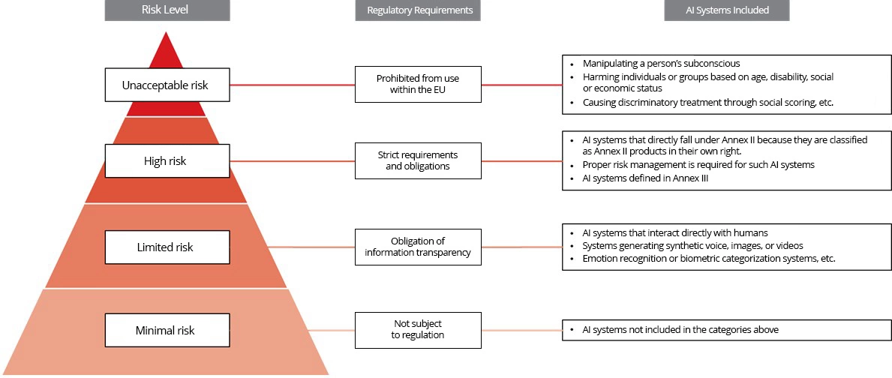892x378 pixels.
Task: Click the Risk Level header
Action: point(167,10)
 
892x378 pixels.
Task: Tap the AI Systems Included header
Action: point(726,10)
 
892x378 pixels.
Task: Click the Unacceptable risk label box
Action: point(167,85)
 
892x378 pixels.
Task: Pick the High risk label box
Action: point(167,160)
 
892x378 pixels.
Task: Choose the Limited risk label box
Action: point(167,247)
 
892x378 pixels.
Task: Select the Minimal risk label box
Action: point(167,330)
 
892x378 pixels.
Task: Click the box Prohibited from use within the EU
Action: point(417,84)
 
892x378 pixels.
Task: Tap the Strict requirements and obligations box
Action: point(417,160)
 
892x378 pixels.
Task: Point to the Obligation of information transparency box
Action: point(417,247)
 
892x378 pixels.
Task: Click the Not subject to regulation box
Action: point(417,329)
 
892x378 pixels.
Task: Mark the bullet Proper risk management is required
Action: point(698,165)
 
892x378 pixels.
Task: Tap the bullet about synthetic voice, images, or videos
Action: point(692,246)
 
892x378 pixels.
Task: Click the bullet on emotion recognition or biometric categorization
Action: point(708,259)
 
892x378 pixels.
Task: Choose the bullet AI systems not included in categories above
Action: point(680,330)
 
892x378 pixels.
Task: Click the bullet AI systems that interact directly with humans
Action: point(674,233)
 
